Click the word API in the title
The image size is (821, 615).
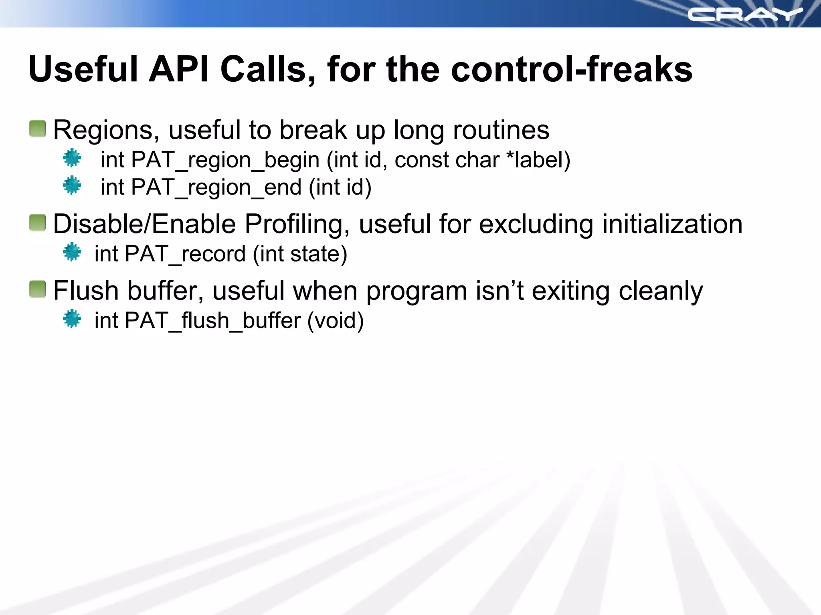tap(179, 69)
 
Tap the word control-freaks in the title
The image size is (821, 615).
tap(572, 69)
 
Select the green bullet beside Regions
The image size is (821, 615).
tap(38, 129)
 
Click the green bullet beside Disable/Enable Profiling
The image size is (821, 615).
tap(38, 223)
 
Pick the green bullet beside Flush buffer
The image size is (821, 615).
tap(38, 289)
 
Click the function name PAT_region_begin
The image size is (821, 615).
tap(225, 160)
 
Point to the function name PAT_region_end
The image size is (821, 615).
tap(216, 187)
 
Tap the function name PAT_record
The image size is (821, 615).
tap(186, 254)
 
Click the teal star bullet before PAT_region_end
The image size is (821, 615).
tap(72, 185)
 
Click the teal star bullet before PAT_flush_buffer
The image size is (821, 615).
tap(72, 319)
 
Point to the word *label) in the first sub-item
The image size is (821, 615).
tap(538, 160)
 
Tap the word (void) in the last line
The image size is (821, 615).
tap(336, 321)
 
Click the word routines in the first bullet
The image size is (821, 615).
tap(501, 130)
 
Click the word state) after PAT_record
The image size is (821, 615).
tap(319, 254)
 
